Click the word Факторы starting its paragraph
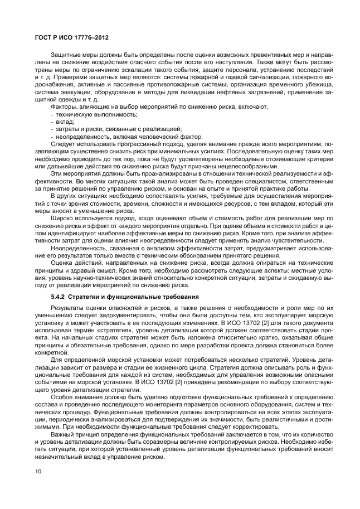click(64, 106)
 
